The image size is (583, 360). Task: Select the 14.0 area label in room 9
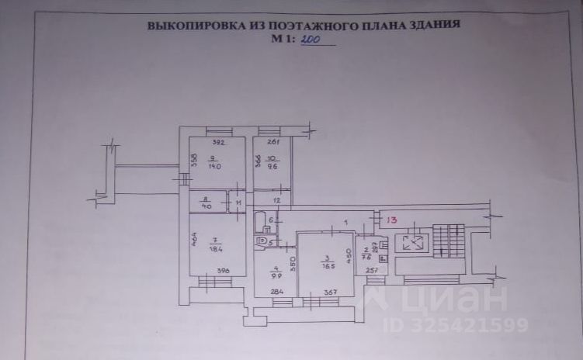click(214, 166)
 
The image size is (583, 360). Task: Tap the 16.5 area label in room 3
click(328, 265)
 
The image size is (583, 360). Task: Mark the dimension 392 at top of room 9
click(218, 142)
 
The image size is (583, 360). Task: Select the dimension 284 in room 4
click(277, 292)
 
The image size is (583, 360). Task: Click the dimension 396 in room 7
click(224, 271)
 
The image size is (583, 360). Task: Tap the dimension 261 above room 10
click(272, 142)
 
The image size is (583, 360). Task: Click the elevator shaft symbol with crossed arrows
click(411, 242)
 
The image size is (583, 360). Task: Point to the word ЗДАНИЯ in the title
click(432, 25)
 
